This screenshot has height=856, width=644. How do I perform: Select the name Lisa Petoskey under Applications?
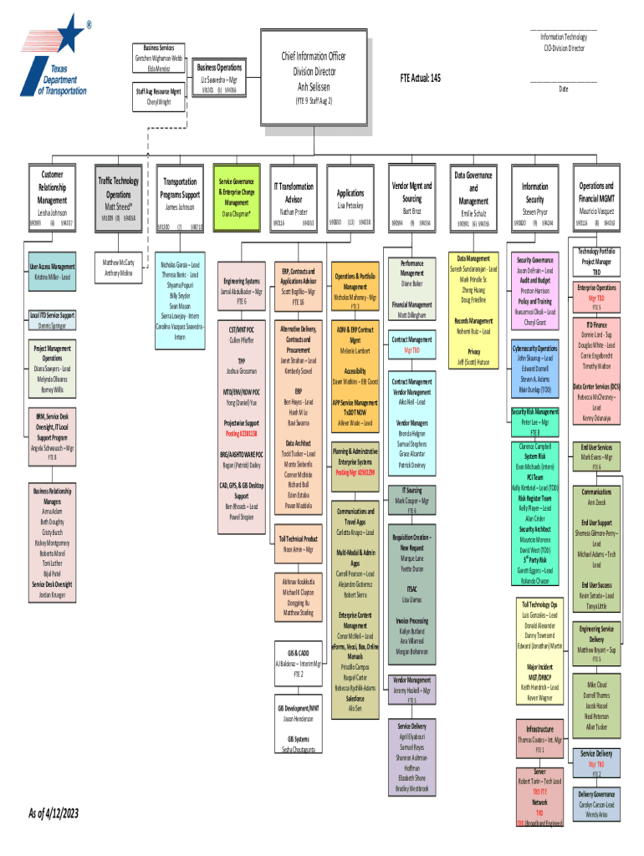[350, 205]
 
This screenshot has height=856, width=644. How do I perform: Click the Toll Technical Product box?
[298, 544]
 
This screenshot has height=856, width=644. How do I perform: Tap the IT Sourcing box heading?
[412, 491]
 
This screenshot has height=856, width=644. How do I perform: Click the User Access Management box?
[53, 271]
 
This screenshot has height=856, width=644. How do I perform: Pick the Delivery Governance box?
[596, 804]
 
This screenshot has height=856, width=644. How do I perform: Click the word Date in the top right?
[564, 89]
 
